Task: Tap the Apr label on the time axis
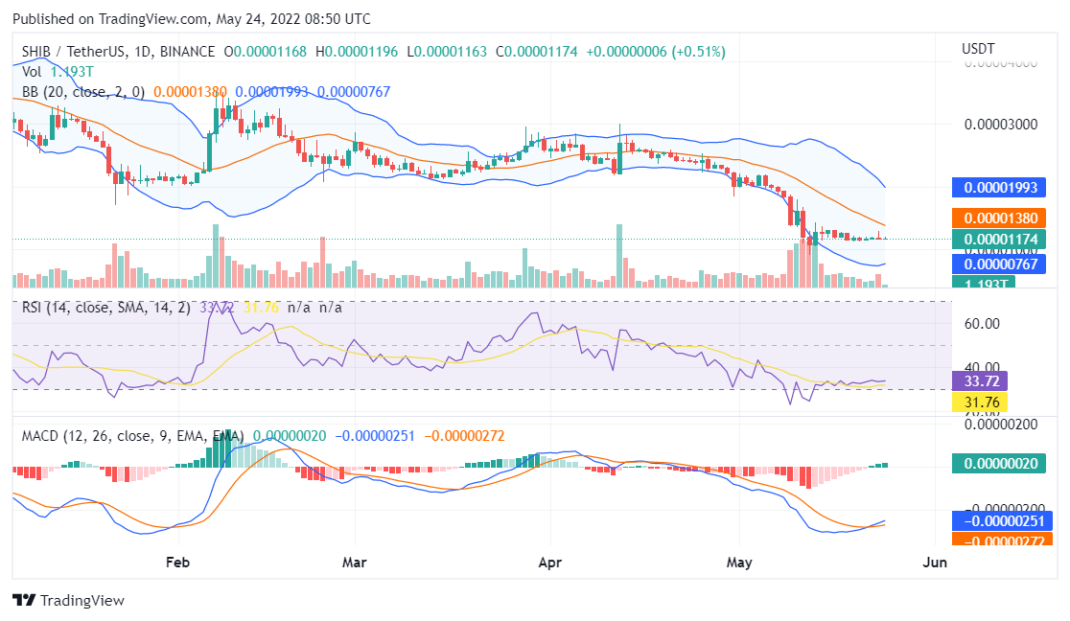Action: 550,562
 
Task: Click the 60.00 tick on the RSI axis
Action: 982,323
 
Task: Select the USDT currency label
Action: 978,49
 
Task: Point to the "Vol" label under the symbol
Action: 32,71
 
